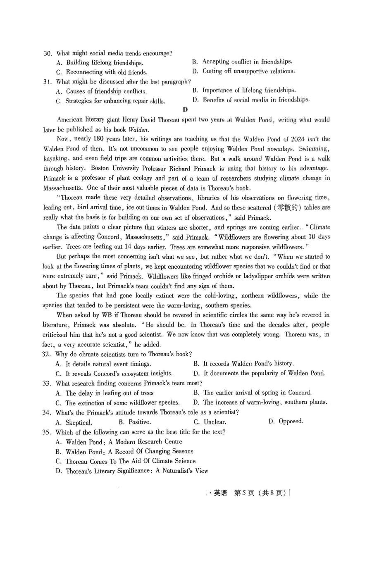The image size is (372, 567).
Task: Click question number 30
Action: [x=48, y=53]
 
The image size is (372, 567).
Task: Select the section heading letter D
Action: [x=185, y=110]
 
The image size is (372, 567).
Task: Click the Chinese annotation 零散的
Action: [x=288, y=207]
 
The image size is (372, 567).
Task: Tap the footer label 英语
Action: [x=220, y=493]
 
